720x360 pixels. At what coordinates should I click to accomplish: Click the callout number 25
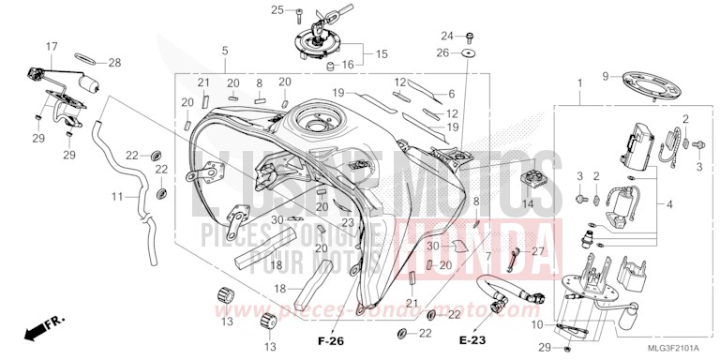click(277, 9)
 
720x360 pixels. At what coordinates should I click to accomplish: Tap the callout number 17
click(52, 45)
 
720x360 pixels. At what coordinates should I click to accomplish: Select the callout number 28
click(114, 63)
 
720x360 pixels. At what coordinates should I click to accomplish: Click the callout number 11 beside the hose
click(118, 198)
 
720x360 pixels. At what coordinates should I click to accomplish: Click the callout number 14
click(528, 203)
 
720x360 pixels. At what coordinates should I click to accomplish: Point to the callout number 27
click(538, 251)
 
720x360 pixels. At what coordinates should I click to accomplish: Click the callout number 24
click(447, 35)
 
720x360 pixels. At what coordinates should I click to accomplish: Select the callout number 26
click(443, 52)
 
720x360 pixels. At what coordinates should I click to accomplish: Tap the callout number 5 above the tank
click(225, 50)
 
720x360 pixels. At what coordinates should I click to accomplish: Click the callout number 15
click(381, 54)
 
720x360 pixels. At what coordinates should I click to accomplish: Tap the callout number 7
click(487, 255)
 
